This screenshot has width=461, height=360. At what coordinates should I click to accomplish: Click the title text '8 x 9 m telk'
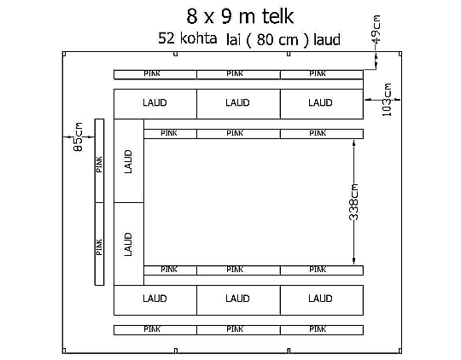(240, 16)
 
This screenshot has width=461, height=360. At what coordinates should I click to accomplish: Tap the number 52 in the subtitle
(166, 38)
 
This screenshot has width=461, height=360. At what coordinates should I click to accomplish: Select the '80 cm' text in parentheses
(277, 39)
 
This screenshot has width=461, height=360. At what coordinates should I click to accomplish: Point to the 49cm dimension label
(376, 29)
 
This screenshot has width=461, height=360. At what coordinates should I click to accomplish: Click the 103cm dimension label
(387, 100)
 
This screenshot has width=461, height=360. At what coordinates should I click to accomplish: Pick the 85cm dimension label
(78, 136)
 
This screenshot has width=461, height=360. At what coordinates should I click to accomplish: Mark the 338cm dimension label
(353, 202)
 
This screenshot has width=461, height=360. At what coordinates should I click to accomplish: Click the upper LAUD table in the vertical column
(129, 160)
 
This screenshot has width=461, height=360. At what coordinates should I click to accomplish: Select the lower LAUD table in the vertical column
(129, 244)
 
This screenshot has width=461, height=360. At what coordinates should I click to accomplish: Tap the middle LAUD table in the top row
(238, 104)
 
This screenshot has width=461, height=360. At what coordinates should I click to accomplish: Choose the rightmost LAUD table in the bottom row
(322, 300)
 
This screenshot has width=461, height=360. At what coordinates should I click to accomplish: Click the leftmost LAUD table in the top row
(155, 104)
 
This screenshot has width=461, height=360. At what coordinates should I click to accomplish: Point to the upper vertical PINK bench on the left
(99, 160)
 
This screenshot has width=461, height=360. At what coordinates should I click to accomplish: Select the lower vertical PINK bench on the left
(99, 244)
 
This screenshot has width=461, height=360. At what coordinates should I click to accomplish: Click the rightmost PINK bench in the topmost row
(322, 75)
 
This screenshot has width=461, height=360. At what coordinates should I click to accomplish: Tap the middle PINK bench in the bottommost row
(238, 330)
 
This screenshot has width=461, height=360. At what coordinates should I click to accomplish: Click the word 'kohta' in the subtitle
(198, 38)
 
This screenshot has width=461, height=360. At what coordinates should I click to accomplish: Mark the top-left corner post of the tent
(64, 54)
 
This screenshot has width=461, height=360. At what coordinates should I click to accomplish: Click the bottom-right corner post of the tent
(400, 351)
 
